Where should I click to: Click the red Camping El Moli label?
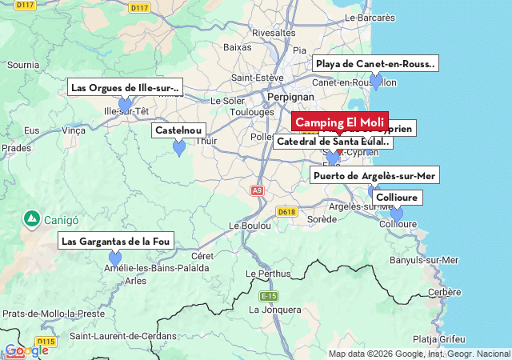(x=340, y=122)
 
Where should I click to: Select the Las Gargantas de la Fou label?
(x=115, y=241)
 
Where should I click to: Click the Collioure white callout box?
(x=397, y=198)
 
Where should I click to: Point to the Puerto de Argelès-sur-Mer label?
(x=374, y=176)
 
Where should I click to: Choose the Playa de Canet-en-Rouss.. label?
(x=375, y=64)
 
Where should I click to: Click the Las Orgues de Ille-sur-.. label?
(x=125, y=87)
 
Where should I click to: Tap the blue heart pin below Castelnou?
(x=179, y=148)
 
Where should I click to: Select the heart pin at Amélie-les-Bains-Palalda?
(x=115, y=258)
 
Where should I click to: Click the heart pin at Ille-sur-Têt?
(x=125, y=105)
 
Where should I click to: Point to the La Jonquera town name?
(x=274, y=309)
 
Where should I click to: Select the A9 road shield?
(x=257, y=190)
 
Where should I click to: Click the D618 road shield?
(x=286, y=212)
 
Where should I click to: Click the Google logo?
(x=26, y=350)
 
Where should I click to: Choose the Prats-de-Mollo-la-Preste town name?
(x=54, y=314)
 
